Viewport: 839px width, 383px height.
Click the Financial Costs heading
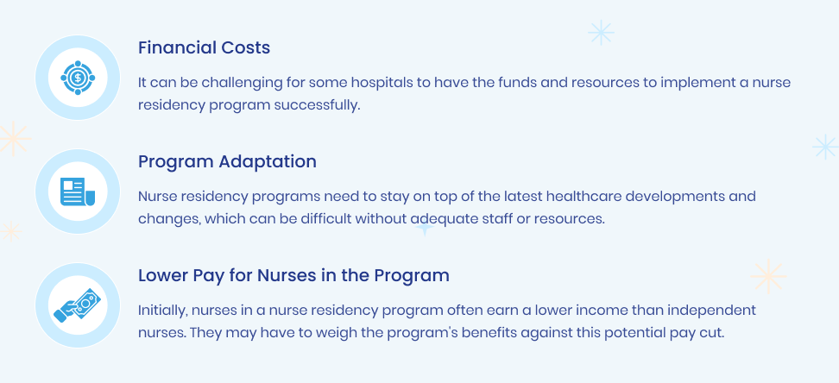pyautogui.click(x=204, y=47)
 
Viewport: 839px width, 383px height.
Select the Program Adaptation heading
pyautogui.click(x=227, y=161)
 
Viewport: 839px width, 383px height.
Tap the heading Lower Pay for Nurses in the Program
pyautogui.click(x=293, y=275)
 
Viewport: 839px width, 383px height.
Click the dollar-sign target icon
pyautogui.click(x=78, y=78)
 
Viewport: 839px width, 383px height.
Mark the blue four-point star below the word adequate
pyautogui.click(x=425, y=229)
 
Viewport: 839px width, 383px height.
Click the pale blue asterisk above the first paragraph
pyautogui.click(x=601, y=33)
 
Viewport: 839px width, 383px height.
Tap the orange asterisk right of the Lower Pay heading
pyautogui.click(x=768, y=277)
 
